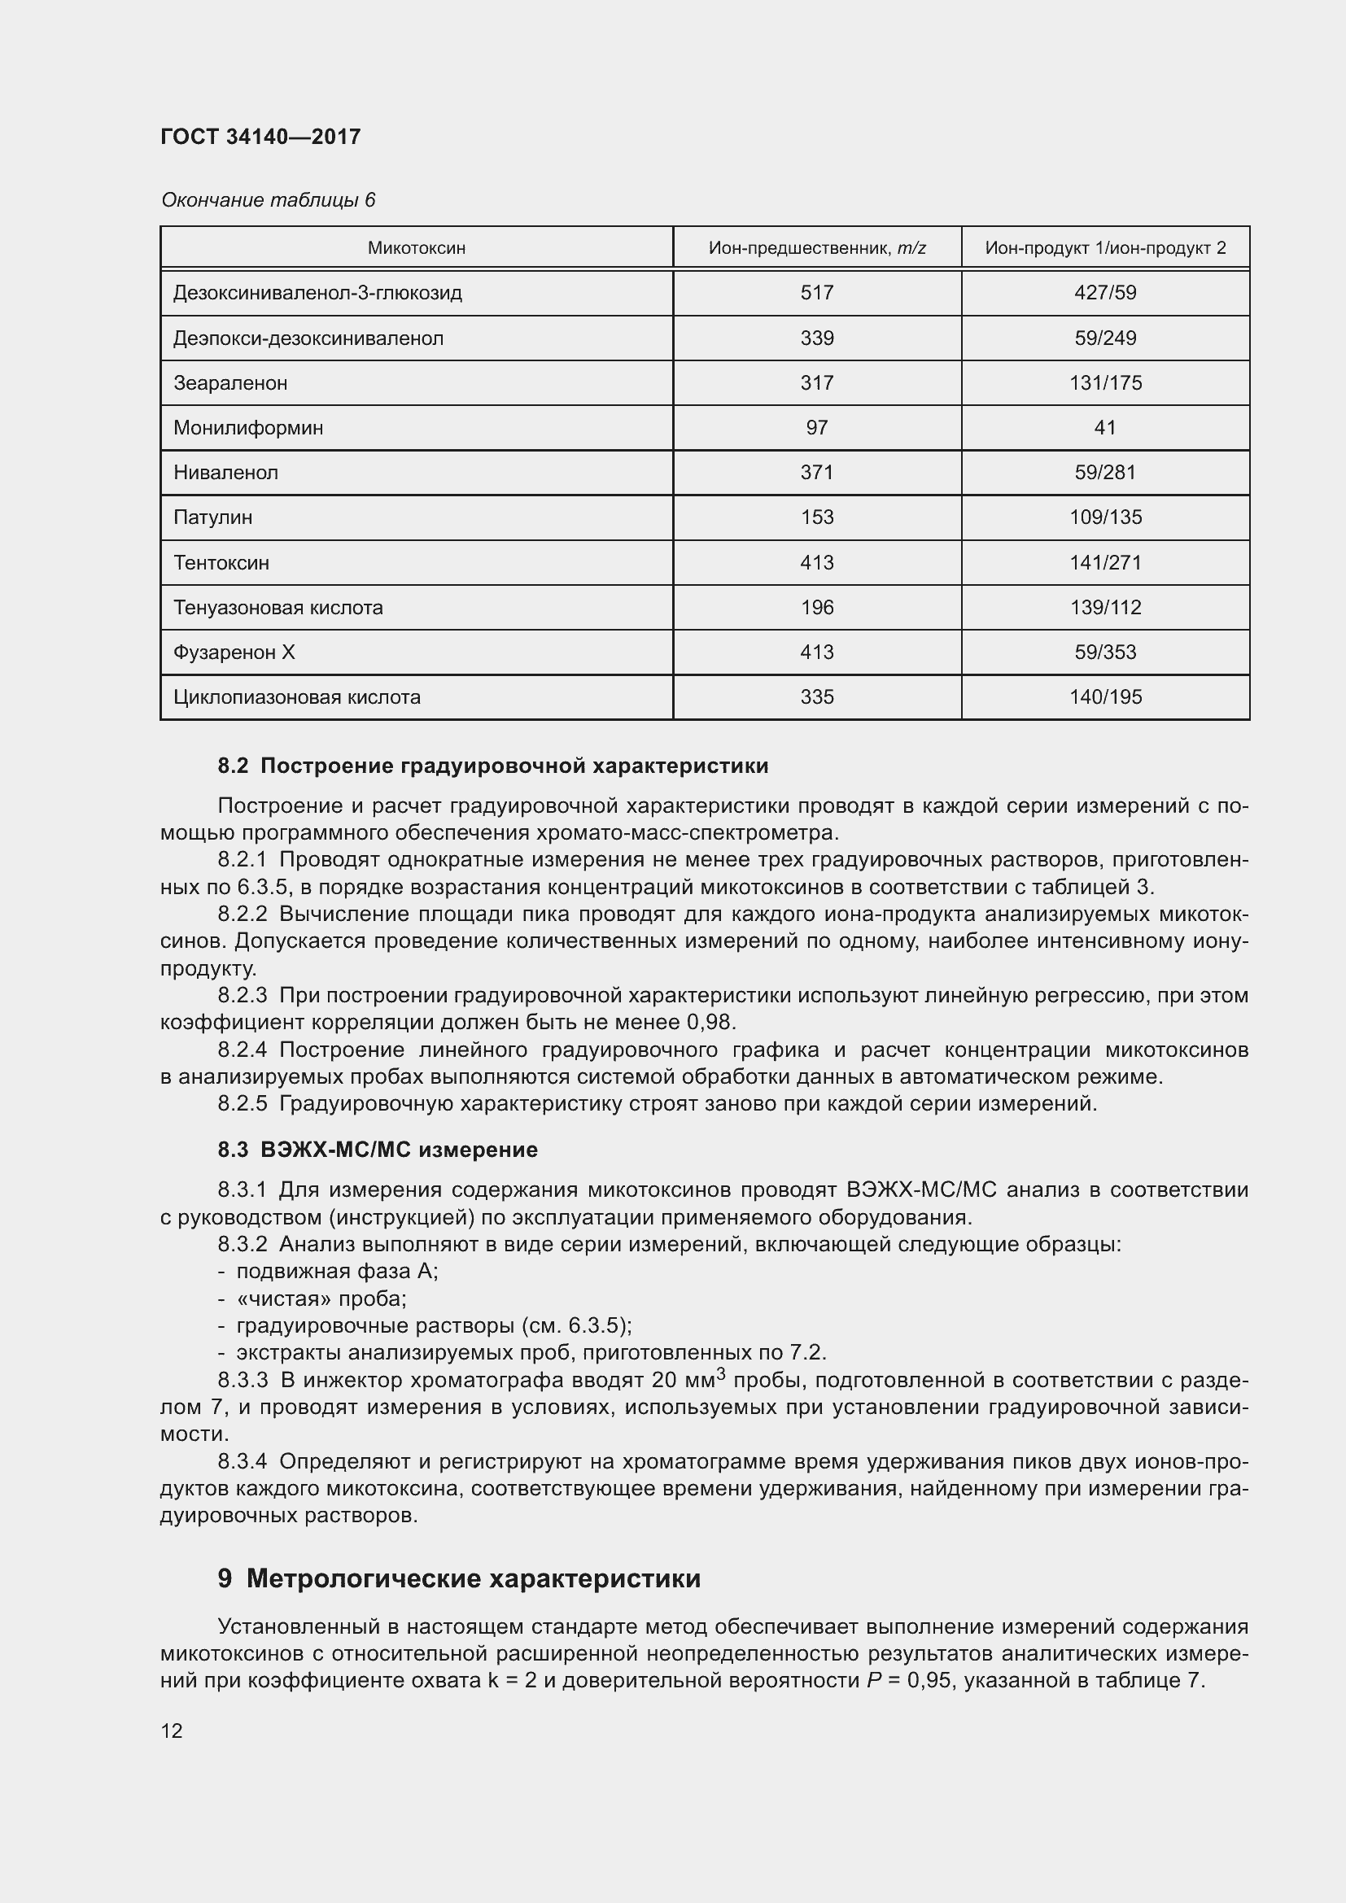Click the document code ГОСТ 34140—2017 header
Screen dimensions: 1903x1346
(x=260, y=137)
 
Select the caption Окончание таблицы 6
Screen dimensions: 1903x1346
(x=268, y=200)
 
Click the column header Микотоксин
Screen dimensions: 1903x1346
(x=416, y=248)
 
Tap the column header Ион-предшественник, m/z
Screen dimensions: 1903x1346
(x=816, y=248)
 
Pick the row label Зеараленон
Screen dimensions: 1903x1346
(x=230, y=383)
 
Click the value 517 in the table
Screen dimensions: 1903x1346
(x=816, y=293)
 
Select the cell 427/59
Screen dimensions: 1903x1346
(x=1105, y=293)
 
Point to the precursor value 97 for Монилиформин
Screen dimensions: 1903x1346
(x=816, y=428)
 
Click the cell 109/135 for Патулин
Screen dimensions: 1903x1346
(x=1105, y=517)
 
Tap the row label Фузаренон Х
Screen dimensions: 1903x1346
(x=234, y=653)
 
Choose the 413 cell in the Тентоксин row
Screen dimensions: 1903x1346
(x=816, y=563)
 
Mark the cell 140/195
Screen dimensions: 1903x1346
(x=1105, y=697)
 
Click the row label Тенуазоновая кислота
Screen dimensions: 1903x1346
(x=278, y=608)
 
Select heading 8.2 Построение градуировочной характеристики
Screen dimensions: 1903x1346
(x=493, y=766)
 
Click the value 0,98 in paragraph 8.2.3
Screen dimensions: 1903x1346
(x=710, y=1022)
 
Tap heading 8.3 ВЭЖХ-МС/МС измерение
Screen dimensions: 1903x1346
(x=378, y=1150)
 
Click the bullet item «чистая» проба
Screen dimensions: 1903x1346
(x=321, y=1298)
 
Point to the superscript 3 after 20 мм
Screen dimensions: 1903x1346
(x=720, y=1373)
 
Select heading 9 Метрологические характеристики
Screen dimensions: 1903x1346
(x=459, y=1578)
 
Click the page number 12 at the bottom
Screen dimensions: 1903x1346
(x=172, y=1731)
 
